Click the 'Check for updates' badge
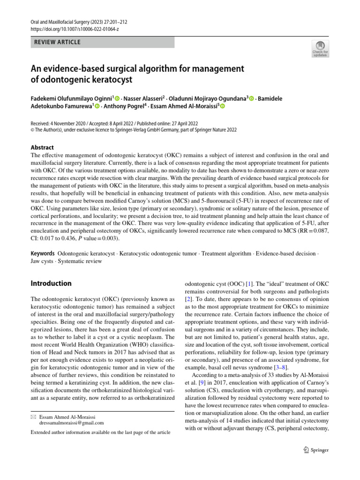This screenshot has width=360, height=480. [x=320, y=48]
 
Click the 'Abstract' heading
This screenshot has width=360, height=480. [x=42, y=147]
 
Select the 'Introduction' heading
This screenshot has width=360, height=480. [x=51, y=283]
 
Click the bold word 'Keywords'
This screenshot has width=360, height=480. [x=43, y=253]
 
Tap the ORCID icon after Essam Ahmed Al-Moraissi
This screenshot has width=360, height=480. [x=222, y=106]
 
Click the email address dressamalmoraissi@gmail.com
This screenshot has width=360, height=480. [x=72, y=422]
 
